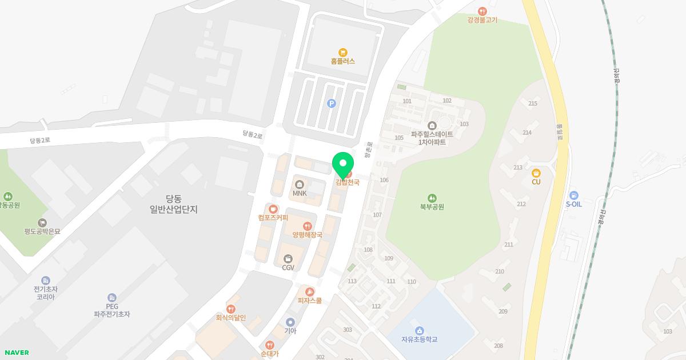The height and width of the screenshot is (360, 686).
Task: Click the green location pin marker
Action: pos(343,166)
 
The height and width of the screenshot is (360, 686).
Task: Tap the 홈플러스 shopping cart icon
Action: pos(343,52)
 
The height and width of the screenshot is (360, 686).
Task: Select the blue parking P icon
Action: pos(331,103)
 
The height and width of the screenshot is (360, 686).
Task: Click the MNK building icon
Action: pos(300,184)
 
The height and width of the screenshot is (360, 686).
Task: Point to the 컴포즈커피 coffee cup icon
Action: pos(273,209)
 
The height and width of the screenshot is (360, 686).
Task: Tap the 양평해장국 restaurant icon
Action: pos(308,226)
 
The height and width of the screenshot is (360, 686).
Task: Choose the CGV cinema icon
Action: pos(288,259)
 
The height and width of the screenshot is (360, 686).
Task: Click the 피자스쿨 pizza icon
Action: pos(310,292)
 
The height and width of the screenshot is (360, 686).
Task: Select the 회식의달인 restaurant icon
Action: pos(231,309)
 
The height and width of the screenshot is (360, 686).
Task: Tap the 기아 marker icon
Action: pos(290,322)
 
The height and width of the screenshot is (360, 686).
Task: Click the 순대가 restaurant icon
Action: pos(270,345)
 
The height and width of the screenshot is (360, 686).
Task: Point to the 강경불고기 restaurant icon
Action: pos(482,11)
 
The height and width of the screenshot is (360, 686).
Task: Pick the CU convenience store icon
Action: pos(536,173)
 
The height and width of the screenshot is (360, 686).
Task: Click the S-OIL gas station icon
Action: pos(574,195)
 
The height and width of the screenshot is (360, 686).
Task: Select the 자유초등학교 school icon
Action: pos(419,330)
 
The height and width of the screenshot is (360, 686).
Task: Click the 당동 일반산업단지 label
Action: pos(173,204)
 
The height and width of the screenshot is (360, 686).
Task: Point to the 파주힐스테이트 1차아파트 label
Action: pos(432,138)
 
